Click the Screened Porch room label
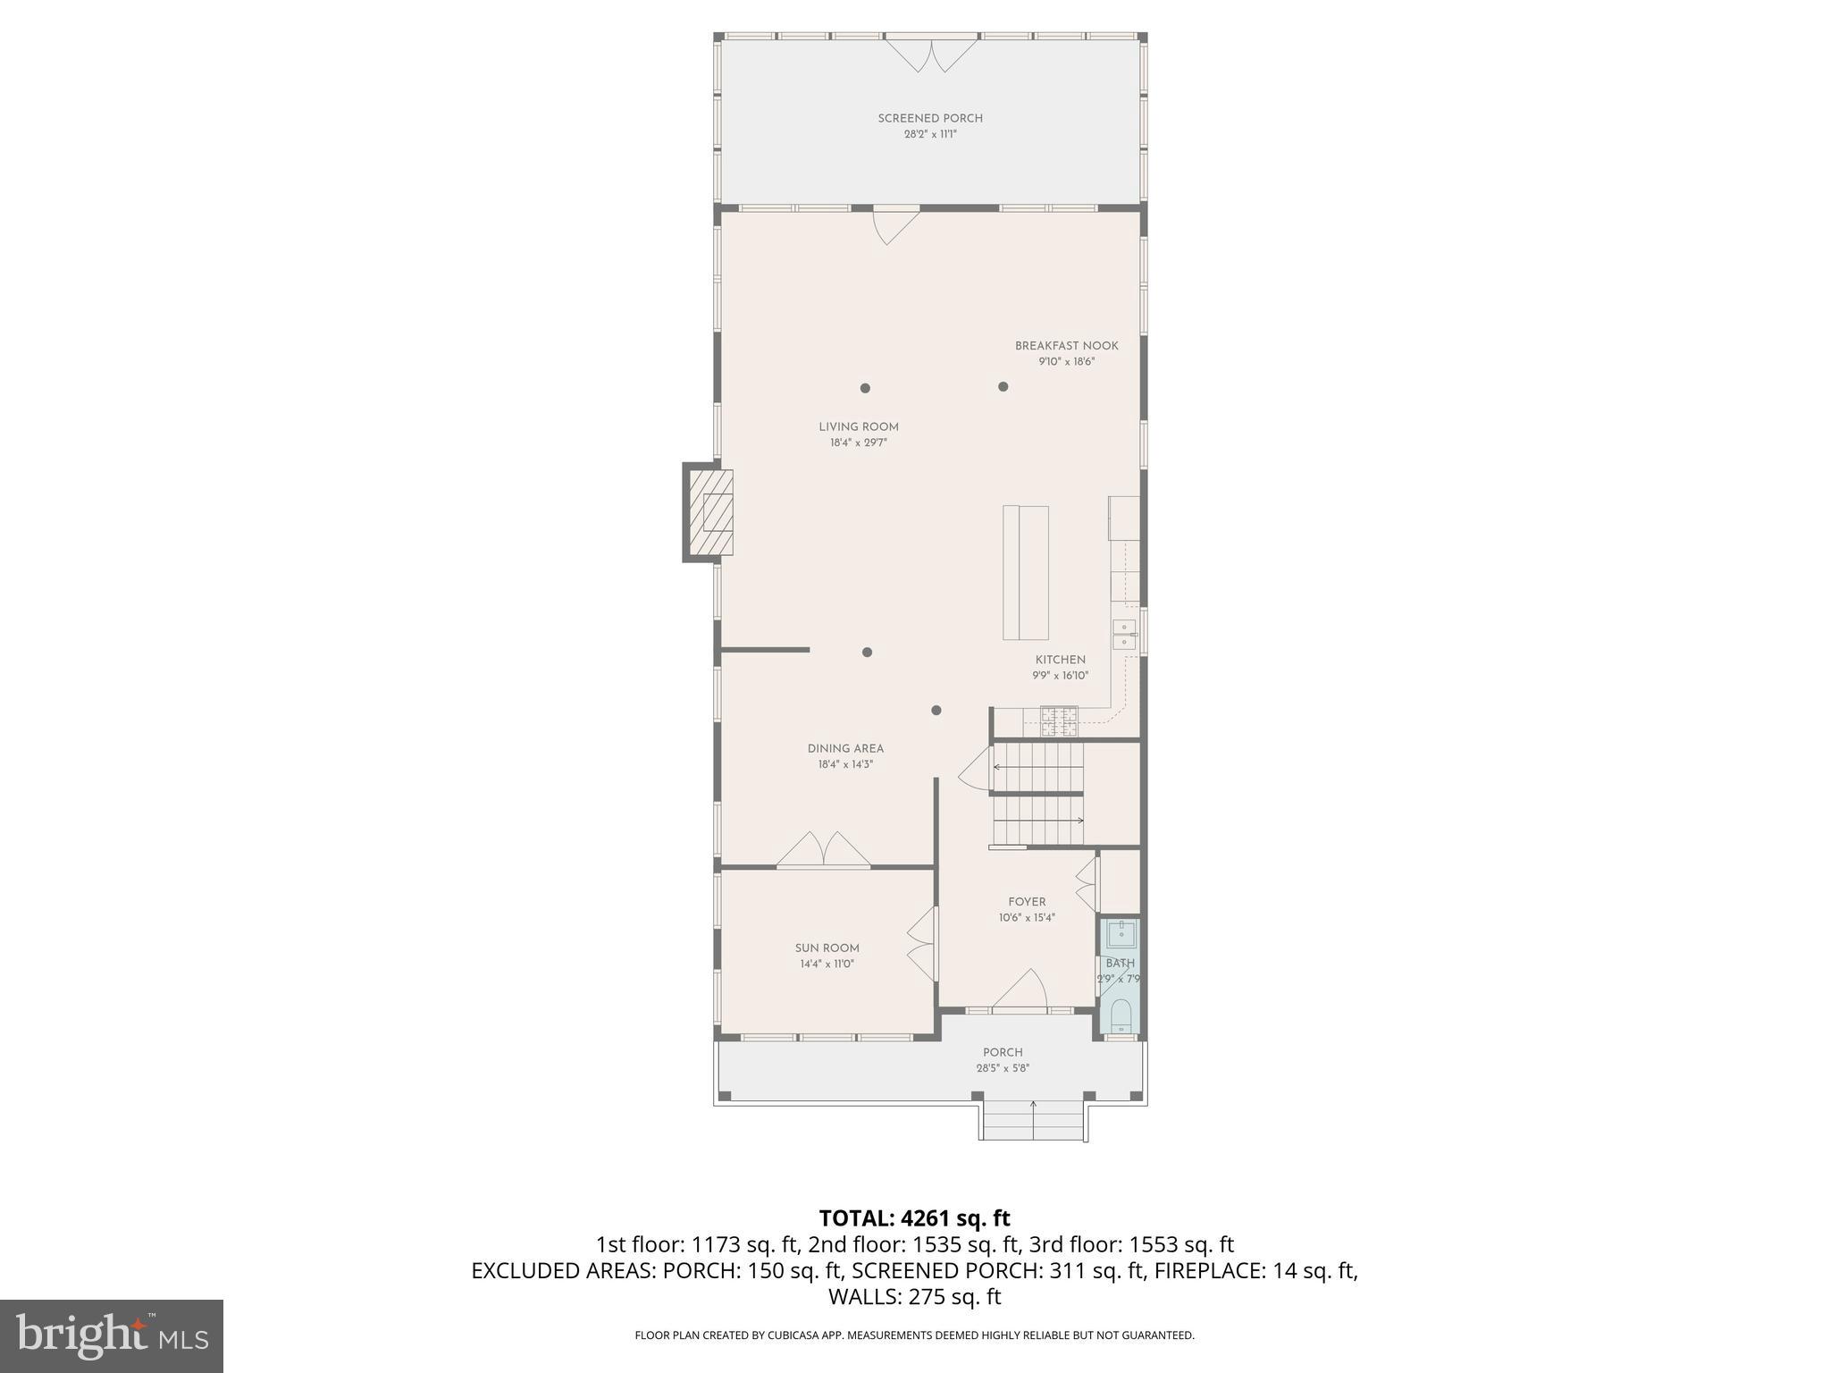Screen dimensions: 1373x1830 [x=930, y=118]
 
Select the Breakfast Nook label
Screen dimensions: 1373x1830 [x=1066, y=346]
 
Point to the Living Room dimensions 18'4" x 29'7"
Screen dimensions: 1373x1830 [x=858, y=442]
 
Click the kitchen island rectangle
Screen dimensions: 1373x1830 [x=1025, y=572]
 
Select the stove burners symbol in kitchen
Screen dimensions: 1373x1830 [x=1059, y=720]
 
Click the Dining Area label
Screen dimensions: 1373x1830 [x=845, y=749]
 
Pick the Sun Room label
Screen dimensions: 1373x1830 [x=827, y=948]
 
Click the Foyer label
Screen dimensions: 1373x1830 [x=1027, y=902]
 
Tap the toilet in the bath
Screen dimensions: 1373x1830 [x=1121, y=1015]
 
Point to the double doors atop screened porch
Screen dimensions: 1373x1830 [x=932, y=53]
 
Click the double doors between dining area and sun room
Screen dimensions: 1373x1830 [x=823, y=850]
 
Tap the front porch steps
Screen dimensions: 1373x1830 [x=1032, y=1121]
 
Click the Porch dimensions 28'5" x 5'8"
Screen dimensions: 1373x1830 [x=1003, y=1068]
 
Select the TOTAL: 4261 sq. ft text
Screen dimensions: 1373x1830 [x=914, y=1218]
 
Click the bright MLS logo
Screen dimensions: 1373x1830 [x=112, y=1336]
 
